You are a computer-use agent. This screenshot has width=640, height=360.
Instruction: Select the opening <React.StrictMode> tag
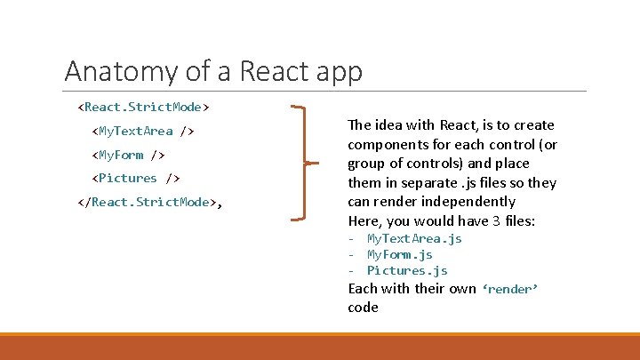pyautogui.click(x=144, y=108)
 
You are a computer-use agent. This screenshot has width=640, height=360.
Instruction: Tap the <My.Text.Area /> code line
pyautogui.click(x=143, y=132)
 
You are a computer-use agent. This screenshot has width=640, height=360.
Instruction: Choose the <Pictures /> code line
pyautogui.click(x=137, y=178)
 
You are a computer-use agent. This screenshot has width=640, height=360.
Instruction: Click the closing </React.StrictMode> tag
pyautogui.click(x=148, y=202)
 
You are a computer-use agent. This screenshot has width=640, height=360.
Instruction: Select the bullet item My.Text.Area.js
pyautogui.click(x=414, y=238)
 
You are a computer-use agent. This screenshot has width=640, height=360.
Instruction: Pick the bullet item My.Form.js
pyautogui.click(x=400, y=254)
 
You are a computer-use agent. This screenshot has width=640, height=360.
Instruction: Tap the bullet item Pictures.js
pyautogui.click(x=407, y=270)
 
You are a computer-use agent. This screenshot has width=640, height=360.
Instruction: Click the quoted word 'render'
pyautogui.click(x=510, y=290)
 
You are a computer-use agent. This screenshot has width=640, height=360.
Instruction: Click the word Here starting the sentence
pyautogui.click(x=364, y=220)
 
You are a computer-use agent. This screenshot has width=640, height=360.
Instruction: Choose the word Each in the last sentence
pyautogui.click(x=363, y=289)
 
